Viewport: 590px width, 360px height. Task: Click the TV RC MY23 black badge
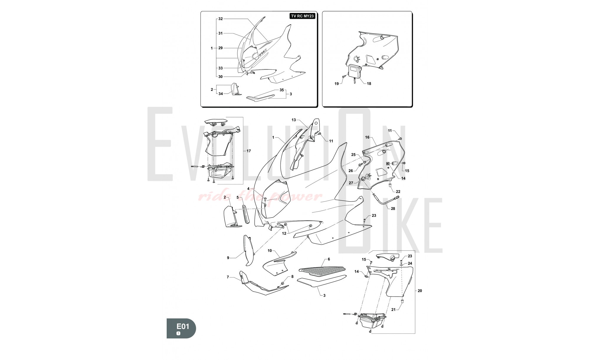(x=302, y=16)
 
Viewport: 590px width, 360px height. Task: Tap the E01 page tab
(x=181, y=328)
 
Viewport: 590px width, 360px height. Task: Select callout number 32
(x=220, y=19)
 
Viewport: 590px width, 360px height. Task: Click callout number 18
(x=369, y=84)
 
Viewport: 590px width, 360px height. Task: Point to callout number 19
(x=337, y=84)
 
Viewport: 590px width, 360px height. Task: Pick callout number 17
(x=249, y=151)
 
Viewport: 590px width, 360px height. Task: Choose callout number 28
(x=393, y=209)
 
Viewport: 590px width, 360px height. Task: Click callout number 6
(x=329, y=259)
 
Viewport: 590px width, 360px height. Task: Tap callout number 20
(x=420, y=291)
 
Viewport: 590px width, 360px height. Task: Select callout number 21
(x=393, y=310)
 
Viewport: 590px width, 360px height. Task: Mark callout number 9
(x=228, y=258)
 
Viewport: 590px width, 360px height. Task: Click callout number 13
(x=294, y=120)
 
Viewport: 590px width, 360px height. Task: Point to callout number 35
(x=281, y=90)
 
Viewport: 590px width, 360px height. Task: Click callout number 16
(x=367, y=137)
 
